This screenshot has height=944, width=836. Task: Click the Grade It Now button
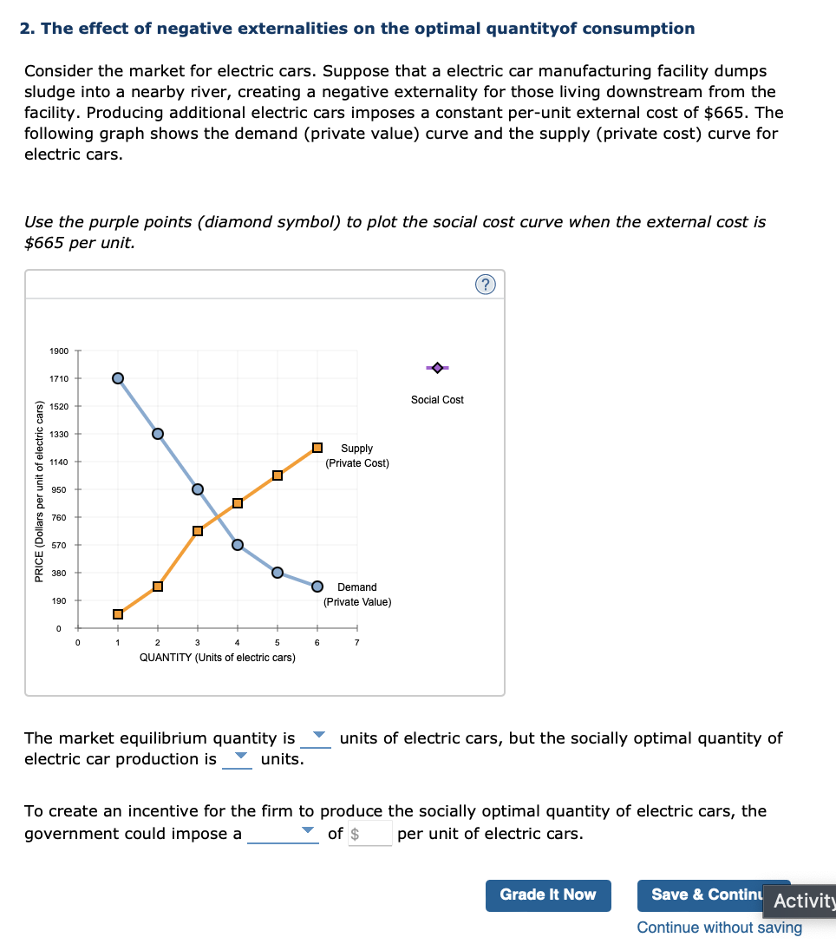(548, 895)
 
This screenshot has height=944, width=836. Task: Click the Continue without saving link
(719, 928)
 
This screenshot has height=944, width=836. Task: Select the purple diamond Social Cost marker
(437, 368)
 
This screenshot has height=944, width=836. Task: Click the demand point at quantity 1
(118, 377)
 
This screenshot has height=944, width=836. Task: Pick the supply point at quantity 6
(317, 448)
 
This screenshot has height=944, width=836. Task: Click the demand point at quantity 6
(317, 586)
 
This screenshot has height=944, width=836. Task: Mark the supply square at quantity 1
(118, 614)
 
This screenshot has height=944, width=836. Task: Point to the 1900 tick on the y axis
(58, 351)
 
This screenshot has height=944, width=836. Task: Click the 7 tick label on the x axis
(356, 643)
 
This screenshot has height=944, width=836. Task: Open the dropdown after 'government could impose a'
(283, 834)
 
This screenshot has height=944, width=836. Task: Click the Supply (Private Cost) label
(357, 456)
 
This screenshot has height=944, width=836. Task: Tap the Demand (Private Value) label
(357, 594)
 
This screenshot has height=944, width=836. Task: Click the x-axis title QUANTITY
(217, 658)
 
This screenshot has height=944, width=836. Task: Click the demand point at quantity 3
(198, 489)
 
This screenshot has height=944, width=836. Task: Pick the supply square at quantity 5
(278, 475)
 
